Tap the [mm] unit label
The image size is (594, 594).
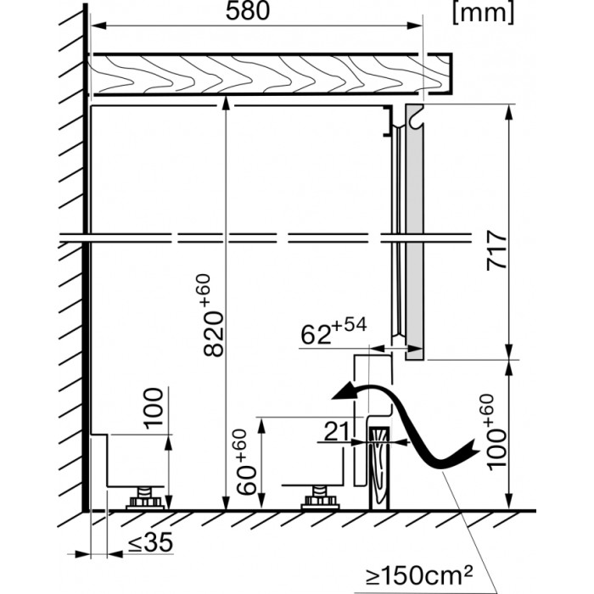click(483, 12)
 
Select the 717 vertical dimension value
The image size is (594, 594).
click(496, 250)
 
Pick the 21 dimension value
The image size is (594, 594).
click(338, 432)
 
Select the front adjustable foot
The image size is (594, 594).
click(321, 496)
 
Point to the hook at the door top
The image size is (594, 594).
click(413, 119)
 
